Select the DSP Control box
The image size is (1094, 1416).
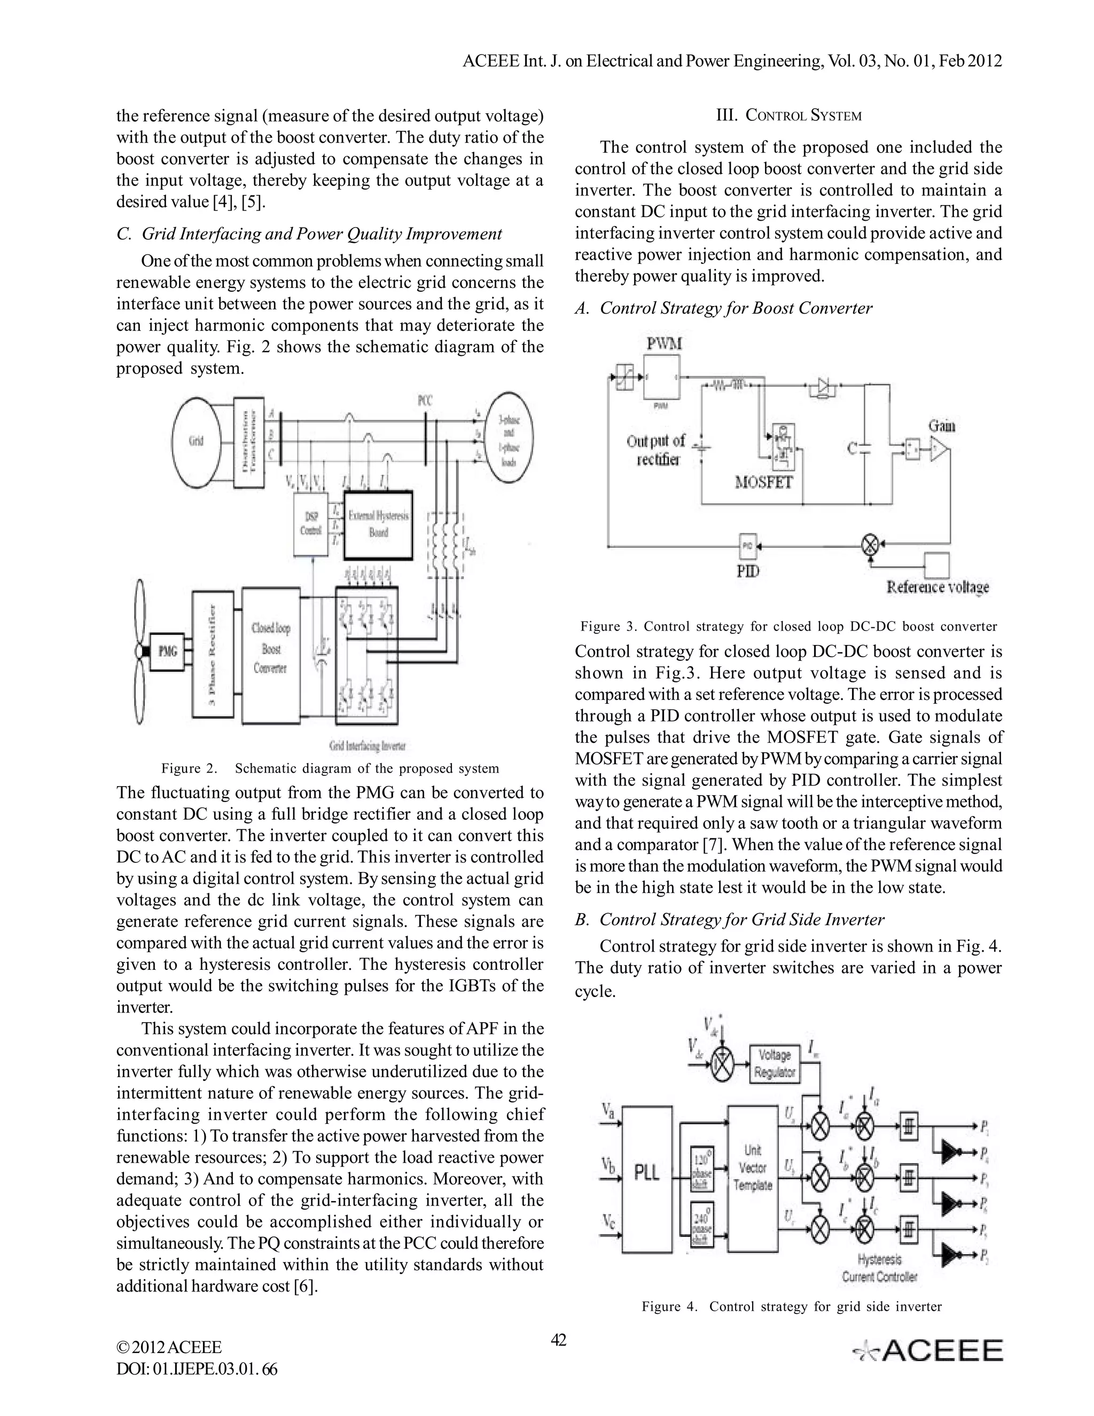pyautogui.click(x=311, y=523)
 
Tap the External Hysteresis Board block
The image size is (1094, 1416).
pyautogui.click(x=379, y=524)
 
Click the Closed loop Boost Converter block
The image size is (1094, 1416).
pyautogui.click(x=270, y=655)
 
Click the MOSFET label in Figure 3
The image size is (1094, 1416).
pyautogui.click(x=764, y=482)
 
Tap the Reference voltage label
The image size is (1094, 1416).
pyautogui.click(x=937, y=587)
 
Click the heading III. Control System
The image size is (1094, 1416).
pyautogui.click(x=788, y=116)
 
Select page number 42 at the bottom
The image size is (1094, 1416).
pyautogui.click(x=558, y=1340)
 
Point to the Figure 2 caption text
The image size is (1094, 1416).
pyautogui.click(x=330, y=768)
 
